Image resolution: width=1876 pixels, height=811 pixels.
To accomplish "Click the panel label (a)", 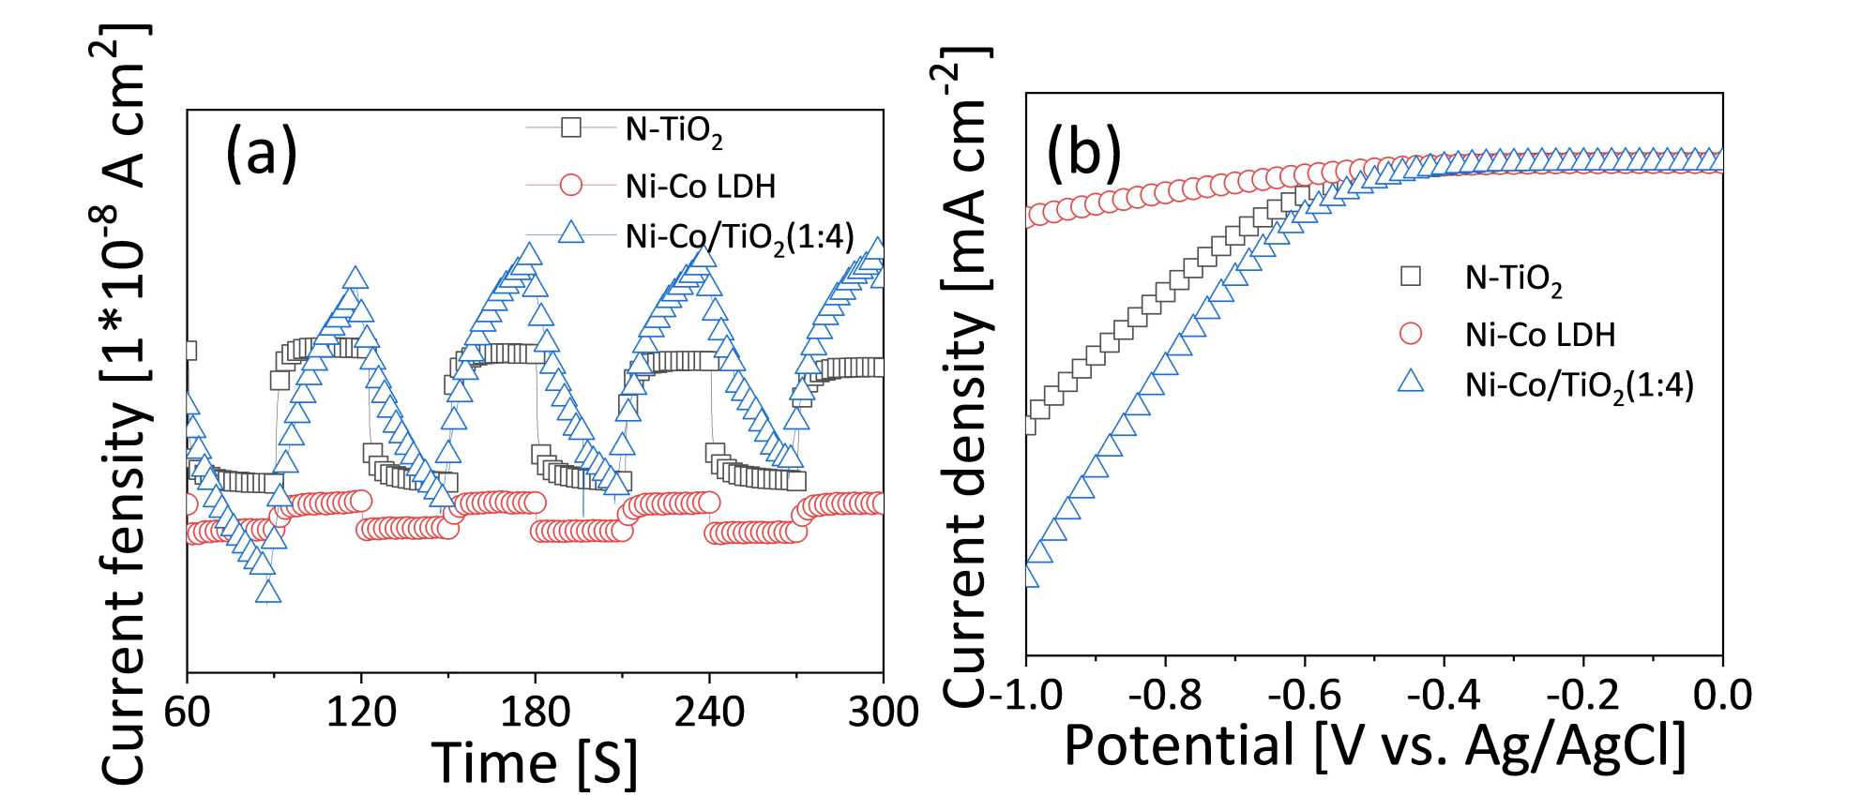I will pyautogui.click(x=261, y=153).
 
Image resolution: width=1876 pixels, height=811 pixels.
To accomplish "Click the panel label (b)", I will pyautogui.click(x=1083, y=153).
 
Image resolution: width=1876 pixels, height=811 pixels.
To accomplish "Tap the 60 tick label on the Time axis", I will pyautogui.click(x=187, y=712).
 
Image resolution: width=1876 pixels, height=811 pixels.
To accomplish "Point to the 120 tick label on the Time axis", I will pyautogui.click(x=361, y=712).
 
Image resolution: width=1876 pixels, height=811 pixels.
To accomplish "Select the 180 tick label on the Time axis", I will pyautogui.click(x=535, y=712).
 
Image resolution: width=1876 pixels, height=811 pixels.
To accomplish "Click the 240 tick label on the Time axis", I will pyautogui.click(x=709, y=712).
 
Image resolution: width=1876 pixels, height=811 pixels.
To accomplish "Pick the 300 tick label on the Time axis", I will pyautogui.click(x=883, y=712).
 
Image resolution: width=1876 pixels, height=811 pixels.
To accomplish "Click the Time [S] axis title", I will pyautogui.click(x=535, y=761).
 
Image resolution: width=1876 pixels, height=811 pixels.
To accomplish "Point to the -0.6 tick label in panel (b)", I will pyautogui.click(x=1304, y=695).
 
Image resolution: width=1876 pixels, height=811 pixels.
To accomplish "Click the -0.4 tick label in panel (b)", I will pyautogui.click(x=1444, y=695).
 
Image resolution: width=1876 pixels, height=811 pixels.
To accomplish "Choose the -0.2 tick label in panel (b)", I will pyautogui.click(x=1583, y=695).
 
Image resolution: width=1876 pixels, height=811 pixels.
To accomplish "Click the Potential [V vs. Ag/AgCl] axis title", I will pyautogui.click(x=1375, y=746).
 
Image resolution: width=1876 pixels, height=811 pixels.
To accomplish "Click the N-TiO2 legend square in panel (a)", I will pyautogui.click(x=570, y=128).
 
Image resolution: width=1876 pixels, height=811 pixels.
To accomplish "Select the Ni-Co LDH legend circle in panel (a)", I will pyautogui.click(x=570, y=185).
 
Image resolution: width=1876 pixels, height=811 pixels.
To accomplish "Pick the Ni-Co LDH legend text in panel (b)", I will pyautogui.click(x=1540, y=335).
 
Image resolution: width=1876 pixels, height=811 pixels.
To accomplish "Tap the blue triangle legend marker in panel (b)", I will pyautogui.click(x=1411, y=382).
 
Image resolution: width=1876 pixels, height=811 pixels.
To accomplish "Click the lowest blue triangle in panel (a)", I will pyautogui.click(x=268, y=592).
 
